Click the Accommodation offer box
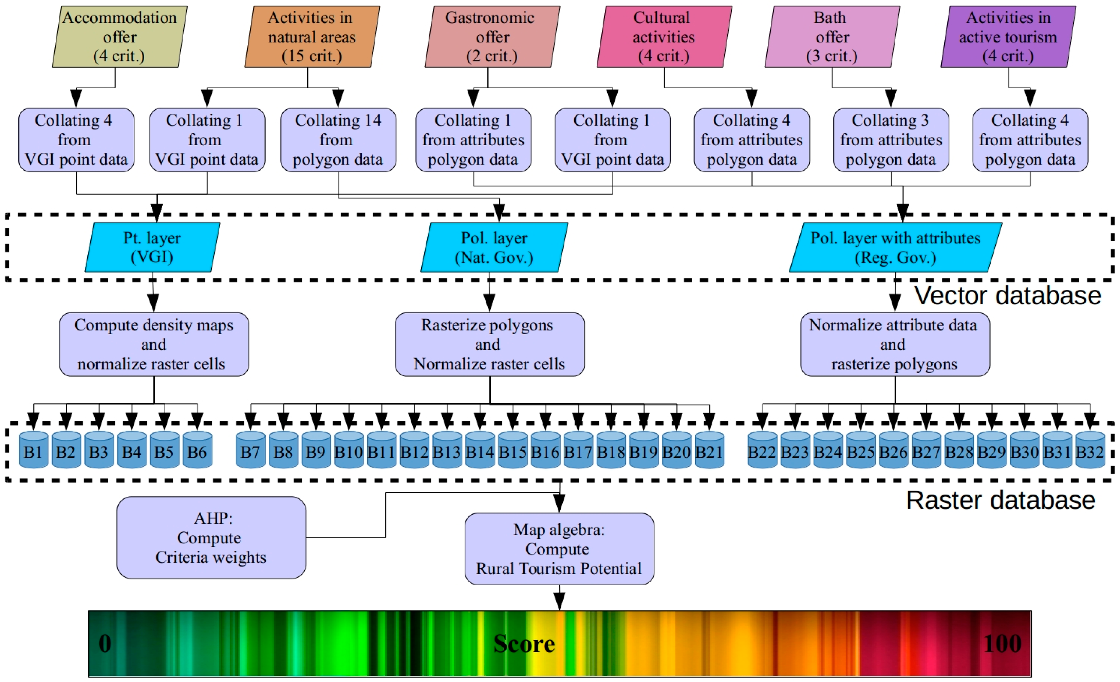point(119,37)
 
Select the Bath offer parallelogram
point(832,37)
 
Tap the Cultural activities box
point(664,37)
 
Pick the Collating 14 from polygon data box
point(338,140)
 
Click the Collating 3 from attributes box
point(891,140)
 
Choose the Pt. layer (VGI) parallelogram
point(152,247)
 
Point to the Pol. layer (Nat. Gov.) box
point(494,247)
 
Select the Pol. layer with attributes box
point(895,247)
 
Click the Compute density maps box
point(154,344)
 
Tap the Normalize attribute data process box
point(895,344)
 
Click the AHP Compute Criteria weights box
point(211,537)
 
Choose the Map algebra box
point(560,549)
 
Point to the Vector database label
point(1008,296)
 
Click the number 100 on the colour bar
point(1002,643)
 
